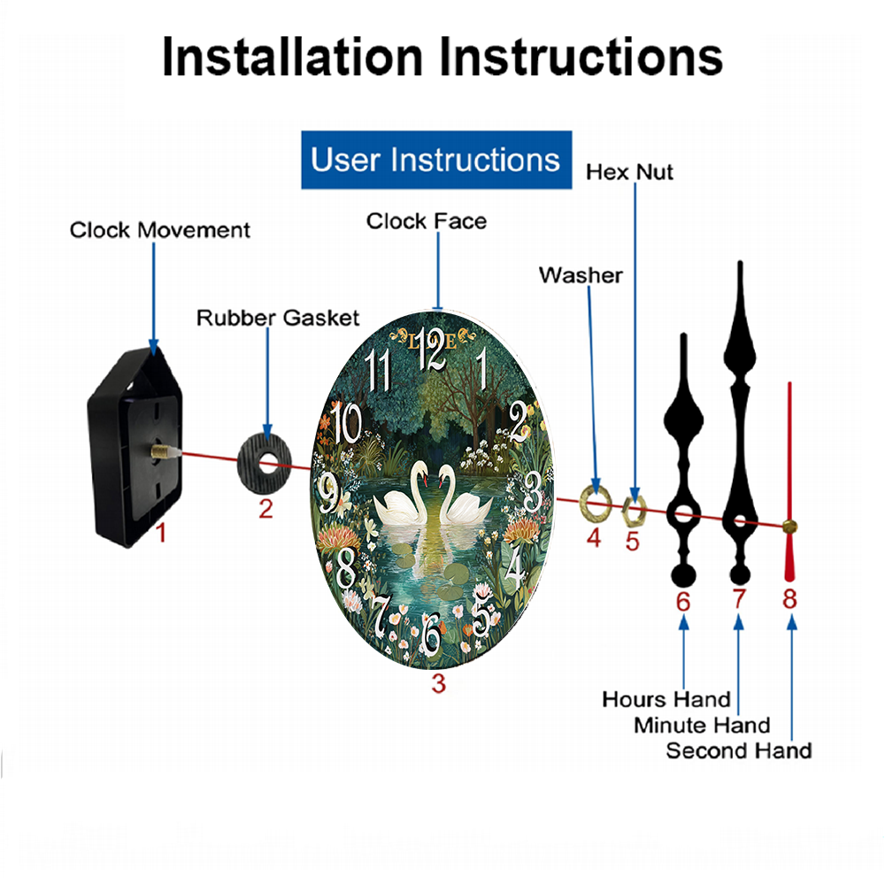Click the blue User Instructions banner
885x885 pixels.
pyautogui.click(x=436, y=159)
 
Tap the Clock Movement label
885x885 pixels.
pyautogui.click(x=159, y=230)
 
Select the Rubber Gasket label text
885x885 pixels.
pyautogui.click(x=278, y=318)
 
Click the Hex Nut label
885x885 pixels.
pyautogui.click(x=629, y=173)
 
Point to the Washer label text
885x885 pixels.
pyautogui.click(x=581, y=275)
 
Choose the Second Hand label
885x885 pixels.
pyautogui.click(x=739, y=750)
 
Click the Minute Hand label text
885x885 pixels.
pyautogui.click(x=702, y=726)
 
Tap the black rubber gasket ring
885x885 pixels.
pyautogui.click(x=264, y=463)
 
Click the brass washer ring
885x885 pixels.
pyautogui.click(x=596, y=503)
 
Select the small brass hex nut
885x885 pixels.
pyautogui.click(x=634, y=510)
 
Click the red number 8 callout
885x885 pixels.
pyautogui.click(x=789, y=599)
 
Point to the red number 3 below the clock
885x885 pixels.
pyautogui.click(x=439, y=683)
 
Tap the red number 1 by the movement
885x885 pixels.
pyautogui.click(x=161, y=533)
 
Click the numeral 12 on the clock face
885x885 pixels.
pyautogui.click(x=432, y=348)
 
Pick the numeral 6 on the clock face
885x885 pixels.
pyautogui.click(x=431, y=635)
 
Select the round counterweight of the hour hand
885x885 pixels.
pyautogui.click(x=683, y=576)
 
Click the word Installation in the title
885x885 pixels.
pyautogui.click(x=292, y=57)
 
